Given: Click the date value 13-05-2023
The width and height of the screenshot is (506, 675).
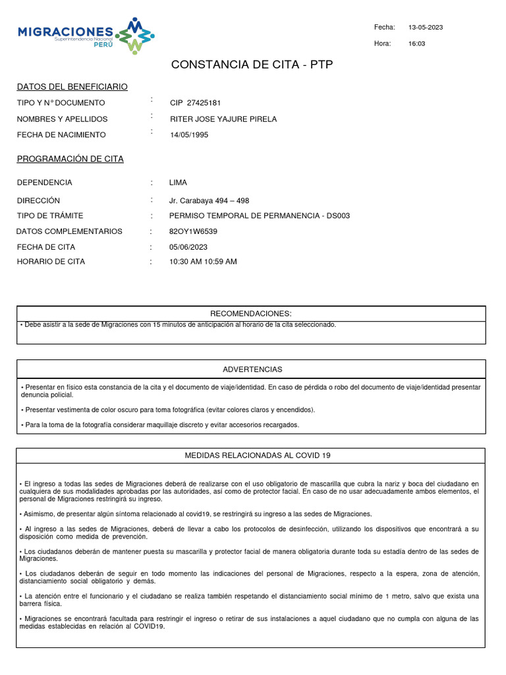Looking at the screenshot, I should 426,27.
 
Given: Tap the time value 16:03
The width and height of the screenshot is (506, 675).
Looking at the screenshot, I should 417,44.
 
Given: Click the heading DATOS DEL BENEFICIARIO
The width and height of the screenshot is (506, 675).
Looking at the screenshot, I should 72,87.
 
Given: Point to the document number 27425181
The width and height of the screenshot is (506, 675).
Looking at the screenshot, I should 204,103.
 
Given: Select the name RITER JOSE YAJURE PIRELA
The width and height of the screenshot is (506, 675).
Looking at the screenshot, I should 223,119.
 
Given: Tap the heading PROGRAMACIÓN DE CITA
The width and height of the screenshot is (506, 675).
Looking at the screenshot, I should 70,159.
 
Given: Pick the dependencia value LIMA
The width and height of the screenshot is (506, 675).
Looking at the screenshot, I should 178,183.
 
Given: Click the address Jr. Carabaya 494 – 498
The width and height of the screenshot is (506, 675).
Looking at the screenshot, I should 209,200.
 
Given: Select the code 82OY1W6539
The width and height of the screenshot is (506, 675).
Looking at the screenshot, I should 193,231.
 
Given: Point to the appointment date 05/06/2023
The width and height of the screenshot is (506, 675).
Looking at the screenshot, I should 188,247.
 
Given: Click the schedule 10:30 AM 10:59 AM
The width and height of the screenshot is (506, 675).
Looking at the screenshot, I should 203,262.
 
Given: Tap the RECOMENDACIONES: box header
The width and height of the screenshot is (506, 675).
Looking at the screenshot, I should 250,313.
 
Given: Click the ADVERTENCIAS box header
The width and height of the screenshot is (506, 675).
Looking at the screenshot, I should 252,369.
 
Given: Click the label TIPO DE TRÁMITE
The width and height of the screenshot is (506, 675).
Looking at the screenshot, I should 50,216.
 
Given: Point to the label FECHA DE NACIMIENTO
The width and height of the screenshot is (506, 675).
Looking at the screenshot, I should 61,134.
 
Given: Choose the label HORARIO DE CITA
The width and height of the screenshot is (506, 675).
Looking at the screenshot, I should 51,262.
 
